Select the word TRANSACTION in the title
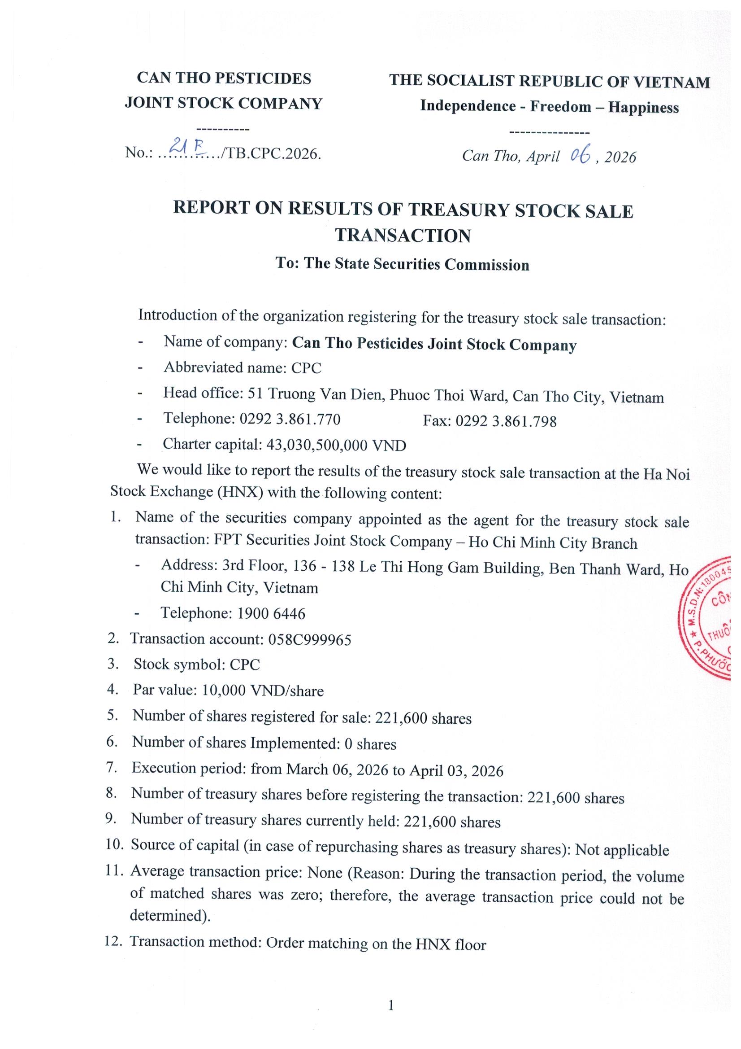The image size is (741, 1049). coord(403,236)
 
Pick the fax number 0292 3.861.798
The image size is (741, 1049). coord(506,421)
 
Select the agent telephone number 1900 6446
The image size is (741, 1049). coord(271,613)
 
